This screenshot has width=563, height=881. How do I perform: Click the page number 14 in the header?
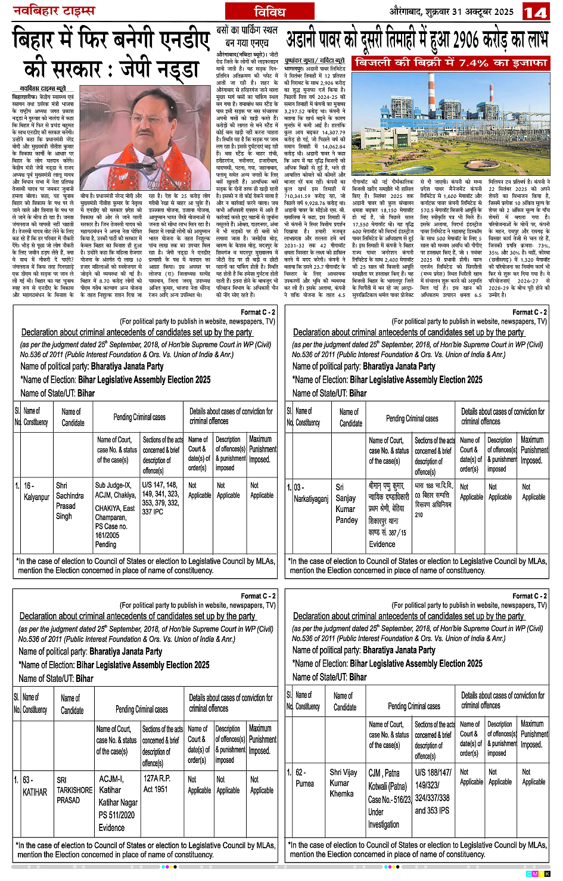click(x=535, y=12)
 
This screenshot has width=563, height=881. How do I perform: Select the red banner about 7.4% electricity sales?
click(x=450, y=63)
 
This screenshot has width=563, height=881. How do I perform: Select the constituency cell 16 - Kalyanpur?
click(x=36, y=491)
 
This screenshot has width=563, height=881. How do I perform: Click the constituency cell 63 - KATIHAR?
click(x=35, y=786)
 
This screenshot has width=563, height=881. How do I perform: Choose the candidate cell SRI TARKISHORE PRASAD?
click(x=74, y=790)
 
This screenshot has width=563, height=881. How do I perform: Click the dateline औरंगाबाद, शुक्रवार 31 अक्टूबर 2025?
click(x=452, y=11)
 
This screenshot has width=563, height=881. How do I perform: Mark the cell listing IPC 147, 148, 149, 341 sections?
click(x=160, y=498)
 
